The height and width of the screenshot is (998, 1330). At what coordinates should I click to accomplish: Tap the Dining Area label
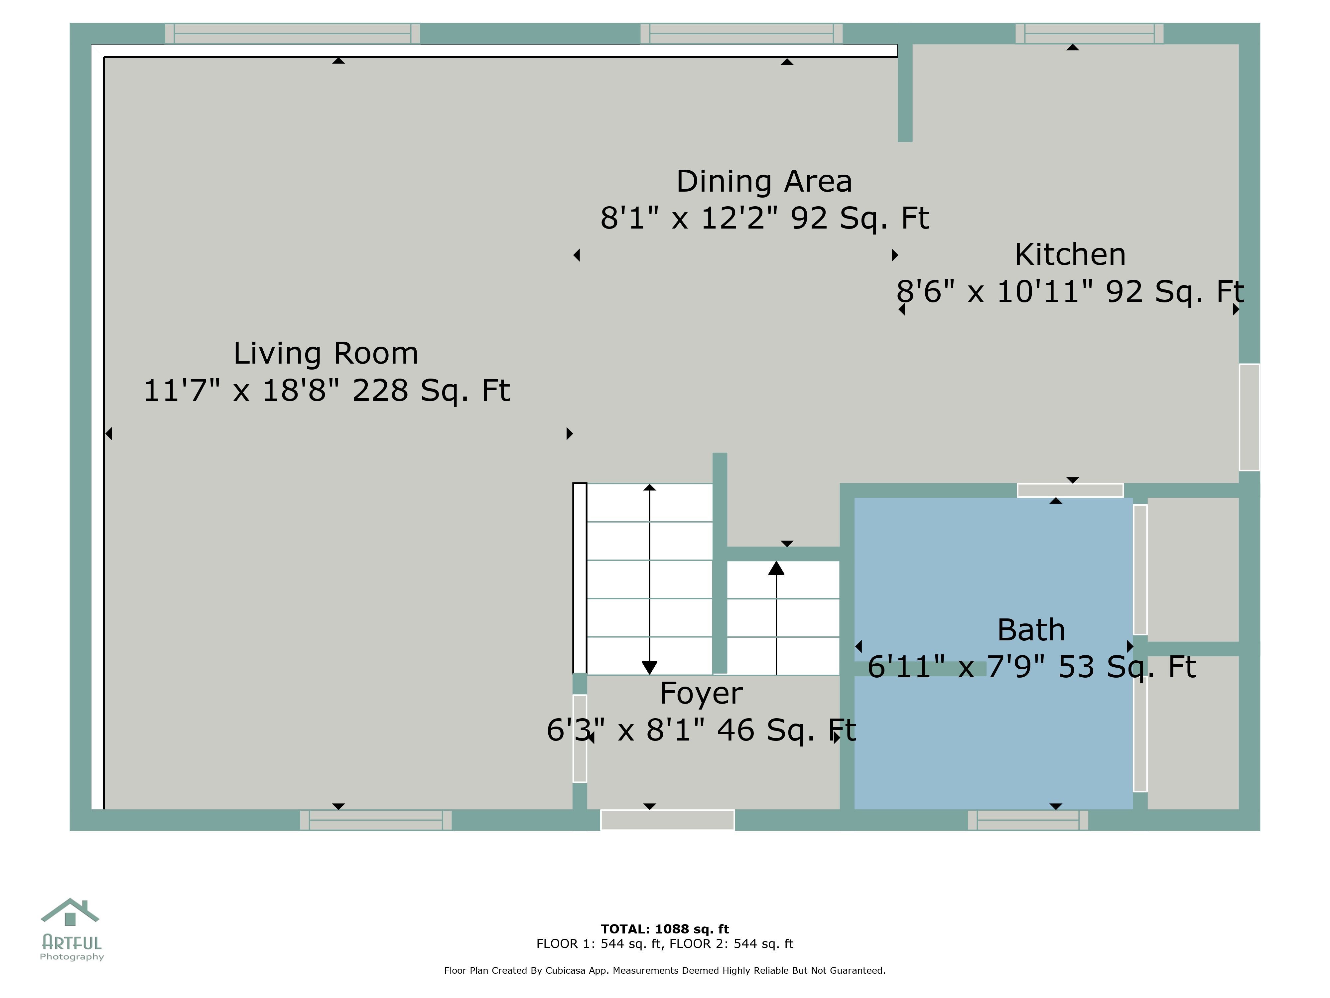764,182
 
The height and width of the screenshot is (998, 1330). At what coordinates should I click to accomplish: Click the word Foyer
701,694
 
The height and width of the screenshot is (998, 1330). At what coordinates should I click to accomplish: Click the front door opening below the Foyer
667,820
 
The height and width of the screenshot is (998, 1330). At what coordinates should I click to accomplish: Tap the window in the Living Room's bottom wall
376,820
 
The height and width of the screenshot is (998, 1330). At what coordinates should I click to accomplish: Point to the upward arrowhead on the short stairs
776,568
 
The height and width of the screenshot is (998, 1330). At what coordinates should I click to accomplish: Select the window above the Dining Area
741,34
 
